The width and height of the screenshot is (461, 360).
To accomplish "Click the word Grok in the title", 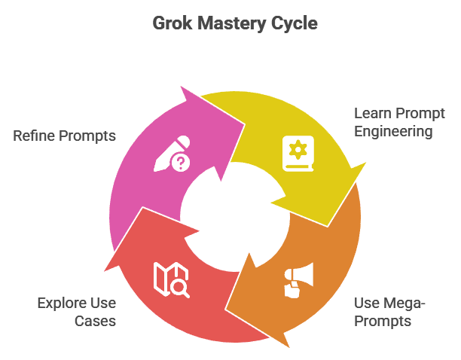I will (172, 24).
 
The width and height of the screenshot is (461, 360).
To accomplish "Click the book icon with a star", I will (297, 153).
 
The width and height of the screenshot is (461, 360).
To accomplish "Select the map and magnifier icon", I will (171, 279).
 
